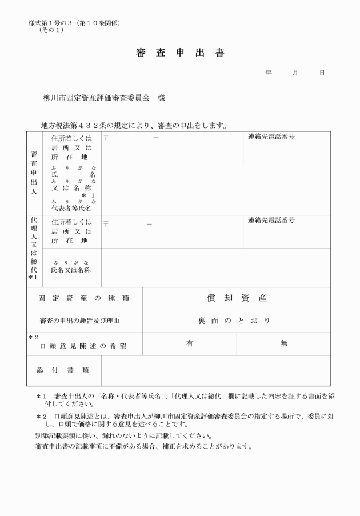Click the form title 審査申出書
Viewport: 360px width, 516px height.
180,53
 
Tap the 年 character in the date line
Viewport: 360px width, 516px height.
269,73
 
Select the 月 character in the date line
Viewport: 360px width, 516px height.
295,73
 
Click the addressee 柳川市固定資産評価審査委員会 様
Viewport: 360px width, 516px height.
104,98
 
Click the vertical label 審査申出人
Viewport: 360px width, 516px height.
34,173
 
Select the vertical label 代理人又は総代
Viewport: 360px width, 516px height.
34,247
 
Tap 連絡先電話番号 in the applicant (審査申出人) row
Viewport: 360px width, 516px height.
271,137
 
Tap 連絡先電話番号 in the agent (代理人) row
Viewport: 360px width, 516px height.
271,221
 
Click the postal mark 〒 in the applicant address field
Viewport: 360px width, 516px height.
106,137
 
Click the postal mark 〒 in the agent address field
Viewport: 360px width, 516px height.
106,223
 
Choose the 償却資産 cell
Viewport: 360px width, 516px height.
237,298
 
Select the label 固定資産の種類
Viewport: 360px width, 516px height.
83,298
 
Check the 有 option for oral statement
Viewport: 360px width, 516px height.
190,343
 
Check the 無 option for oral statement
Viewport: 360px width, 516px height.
284,343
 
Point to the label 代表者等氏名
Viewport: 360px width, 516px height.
71,209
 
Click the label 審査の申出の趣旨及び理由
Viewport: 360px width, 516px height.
83,321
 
